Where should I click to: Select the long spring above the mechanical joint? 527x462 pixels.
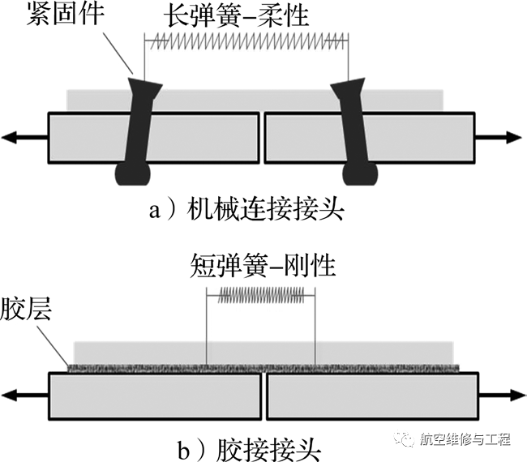point(247,41)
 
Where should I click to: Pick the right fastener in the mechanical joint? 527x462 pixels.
point(354,131)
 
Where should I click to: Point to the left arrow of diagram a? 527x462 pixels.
point(24,137)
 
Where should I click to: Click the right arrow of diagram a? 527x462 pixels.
point(499,137)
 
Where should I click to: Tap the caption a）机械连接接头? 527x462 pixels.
point(247,211)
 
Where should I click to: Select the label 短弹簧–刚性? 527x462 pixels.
point(263,265)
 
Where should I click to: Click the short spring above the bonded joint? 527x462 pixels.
point(261,295)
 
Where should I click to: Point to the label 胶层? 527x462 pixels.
point(26,309)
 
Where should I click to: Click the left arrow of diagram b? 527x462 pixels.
point(25,395)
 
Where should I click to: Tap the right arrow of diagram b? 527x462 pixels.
point(502,395)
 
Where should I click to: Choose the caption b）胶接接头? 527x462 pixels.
point(250,450)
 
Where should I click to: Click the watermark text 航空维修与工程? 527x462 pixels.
point(465,439)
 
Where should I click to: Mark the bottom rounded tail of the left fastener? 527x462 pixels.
point(132,174)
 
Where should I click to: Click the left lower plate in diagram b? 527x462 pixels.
point(155,396)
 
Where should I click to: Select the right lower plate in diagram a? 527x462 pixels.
point(370,138)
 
